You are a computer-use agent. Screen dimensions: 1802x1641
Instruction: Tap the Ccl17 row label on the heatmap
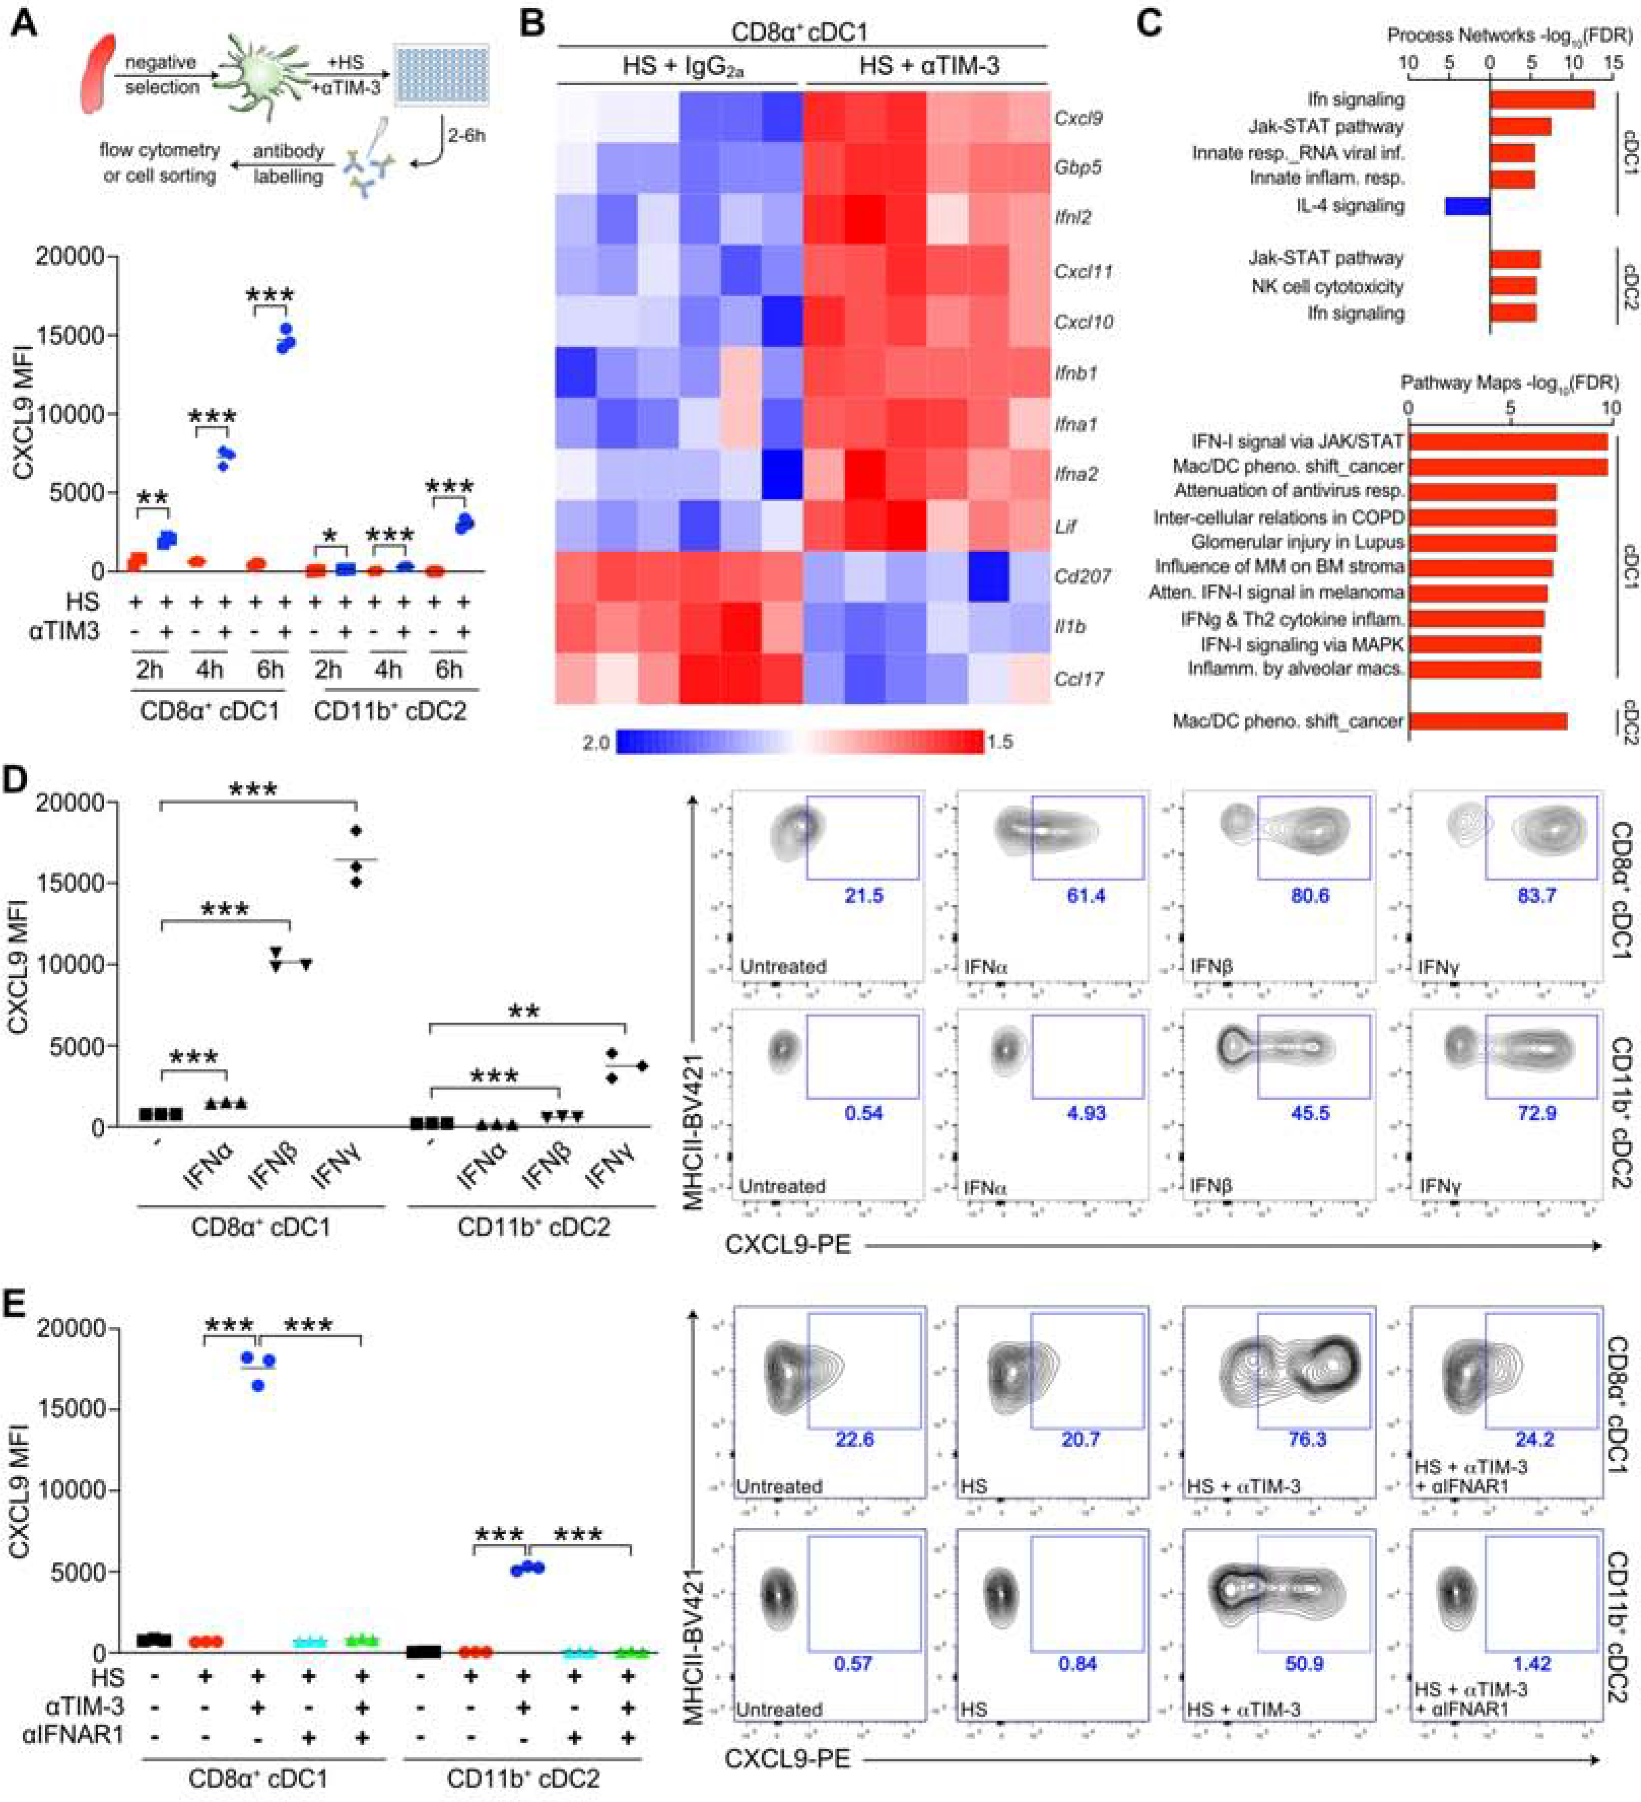coord(1077,678)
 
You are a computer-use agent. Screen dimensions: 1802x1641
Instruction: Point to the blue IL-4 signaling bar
coord(1467,206)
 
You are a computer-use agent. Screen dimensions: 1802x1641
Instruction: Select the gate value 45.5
coord(1309,1113)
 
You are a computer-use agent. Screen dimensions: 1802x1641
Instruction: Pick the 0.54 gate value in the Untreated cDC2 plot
coord(863,1113)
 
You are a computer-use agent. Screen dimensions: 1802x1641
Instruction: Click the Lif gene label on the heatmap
coord(1065,526)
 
